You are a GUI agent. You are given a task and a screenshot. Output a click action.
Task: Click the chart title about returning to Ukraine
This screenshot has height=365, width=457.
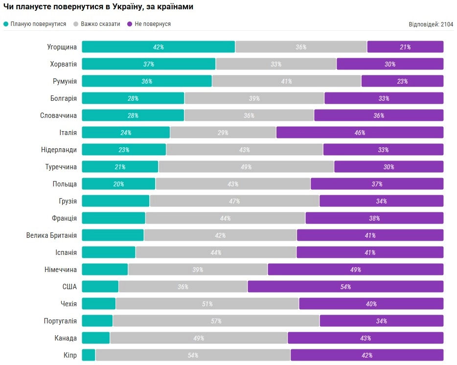point(98,7)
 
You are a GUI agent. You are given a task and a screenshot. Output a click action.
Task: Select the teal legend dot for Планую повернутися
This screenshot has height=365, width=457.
point(6,24)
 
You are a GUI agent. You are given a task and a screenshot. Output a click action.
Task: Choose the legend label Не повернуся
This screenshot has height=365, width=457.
point(152,24)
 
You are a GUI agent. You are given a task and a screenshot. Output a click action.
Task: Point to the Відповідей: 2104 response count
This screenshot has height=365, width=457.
point(431,24)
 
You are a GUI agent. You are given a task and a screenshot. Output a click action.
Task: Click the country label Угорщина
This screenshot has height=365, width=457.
point(62,47)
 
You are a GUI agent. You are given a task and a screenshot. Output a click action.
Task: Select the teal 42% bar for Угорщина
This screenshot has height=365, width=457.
point(158,47)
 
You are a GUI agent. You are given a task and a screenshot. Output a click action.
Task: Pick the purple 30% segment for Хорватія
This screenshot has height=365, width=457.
point(389,64)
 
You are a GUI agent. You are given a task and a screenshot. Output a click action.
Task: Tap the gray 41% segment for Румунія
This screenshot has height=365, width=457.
point(286,81)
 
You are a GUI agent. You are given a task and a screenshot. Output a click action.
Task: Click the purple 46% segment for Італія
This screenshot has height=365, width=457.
point(360,133)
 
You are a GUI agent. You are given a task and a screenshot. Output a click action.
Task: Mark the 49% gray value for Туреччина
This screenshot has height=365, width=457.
point(246,167)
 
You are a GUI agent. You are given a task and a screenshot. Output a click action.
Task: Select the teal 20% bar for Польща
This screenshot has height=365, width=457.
point(118,184)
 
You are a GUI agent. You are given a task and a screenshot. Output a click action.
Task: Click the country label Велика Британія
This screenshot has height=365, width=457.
point(51,235)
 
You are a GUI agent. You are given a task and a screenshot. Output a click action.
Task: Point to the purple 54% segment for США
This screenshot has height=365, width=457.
point(345,287)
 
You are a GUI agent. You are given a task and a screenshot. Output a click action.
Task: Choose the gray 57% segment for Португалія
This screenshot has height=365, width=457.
point(216,321)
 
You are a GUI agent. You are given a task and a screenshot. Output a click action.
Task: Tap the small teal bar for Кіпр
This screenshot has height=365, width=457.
point(89,355)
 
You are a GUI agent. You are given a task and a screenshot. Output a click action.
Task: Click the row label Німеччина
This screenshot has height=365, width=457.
point(61,270)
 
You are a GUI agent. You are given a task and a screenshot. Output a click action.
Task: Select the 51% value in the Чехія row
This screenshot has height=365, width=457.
point(207,304)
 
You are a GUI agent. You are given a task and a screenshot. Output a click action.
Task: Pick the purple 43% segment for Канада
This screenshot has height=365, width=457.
point(365,338)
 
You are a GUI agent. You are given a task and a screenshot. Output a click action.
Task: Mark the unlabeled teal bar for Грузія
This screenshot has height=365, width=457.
point(115,201)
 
